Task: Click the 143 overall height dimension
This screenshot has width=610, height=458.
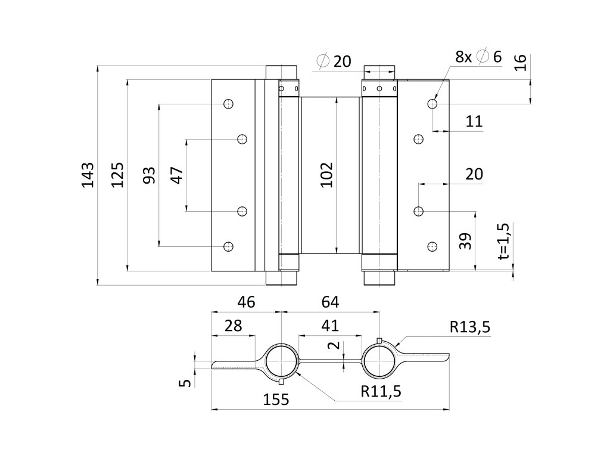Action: click(88, 175)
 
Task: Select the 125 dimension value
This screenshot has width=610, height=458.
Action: click(117, 175)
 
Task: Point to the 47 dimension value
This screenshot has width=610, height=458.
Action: click(176, 175)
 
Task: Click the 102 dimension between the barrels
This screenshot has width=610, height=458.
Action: click(326, 175)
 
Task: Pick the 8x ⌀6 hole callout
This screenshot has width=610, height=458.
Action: click(478, 57)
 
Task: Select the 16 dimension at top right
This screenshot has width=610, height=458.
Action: click(520, 63)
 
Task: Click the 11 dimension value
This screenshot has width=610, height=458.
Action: click(474, 122)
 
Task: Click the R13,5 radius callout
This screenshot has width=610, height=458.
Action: click(470, 326)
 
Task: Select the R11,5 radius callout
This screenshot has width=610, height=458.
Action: click(381, 391)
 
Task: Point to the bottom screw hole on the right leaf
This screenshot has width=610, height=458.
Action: click(432, 246)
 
